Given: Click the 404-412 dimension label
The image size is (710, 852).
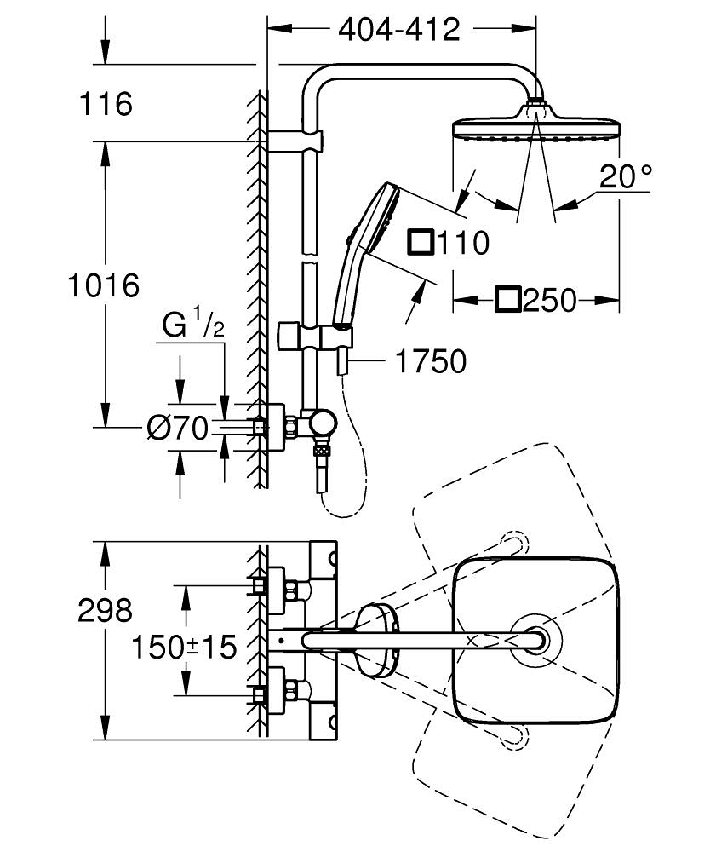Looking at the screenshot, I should pos(399,30).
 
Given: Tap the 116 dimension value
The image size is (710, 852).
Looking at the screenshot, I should pos(106,105).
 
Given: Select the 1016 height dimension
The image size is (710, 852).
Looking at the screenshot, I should pos(103,285).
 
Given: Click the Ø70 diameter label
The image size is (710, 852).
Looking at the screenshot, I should pos(177,429).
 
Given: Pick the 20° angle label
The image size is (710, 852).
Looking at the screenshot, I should pos(625,176).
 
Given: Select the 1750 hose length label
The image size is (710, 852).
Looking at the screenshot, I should pos(431,361).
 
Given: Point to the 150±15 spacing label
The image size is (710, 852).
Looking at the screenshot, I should pos(184,647).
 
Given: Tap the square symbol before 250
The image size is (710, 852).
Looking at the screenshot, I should pos(508,300).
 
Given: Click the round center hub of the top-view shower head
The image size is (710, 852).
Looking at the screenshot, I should pos(536,640).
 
